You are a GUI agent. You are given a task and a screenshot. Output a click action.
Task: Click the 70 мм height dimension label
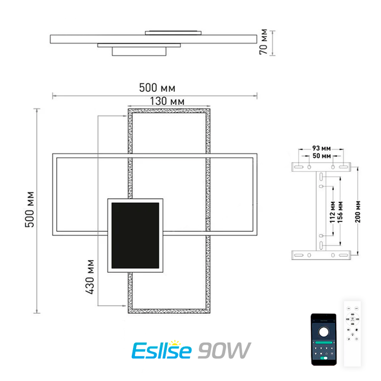coord(264,42)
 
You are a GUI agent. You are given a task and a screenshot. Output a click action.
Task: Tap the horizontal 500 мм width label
coord(157,88)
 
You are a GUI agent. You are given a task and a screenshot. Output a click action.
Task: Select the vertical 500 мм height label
coord(30,209)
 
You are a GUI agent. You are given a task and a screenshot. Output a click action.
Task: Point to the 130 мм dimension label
coord(167,101)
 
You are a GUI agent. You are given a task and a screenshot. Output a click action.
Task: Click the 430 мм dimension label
coord(90,277)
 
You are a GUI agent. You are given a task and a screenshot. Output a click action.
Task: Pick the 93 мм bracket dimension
coord(322,148)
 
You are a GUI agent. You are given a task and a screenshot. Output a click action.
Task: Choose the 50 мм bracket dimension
coord(322,156)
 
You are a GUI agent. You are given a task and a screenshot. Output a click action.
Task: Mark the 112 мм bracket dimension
coord(333,212)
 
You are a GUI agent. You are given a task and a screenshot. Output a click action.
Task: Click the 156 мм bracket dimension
coord(340,212)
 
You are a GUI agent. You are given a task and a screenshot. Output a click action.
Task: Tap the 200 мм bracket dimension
coord(358,212)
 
